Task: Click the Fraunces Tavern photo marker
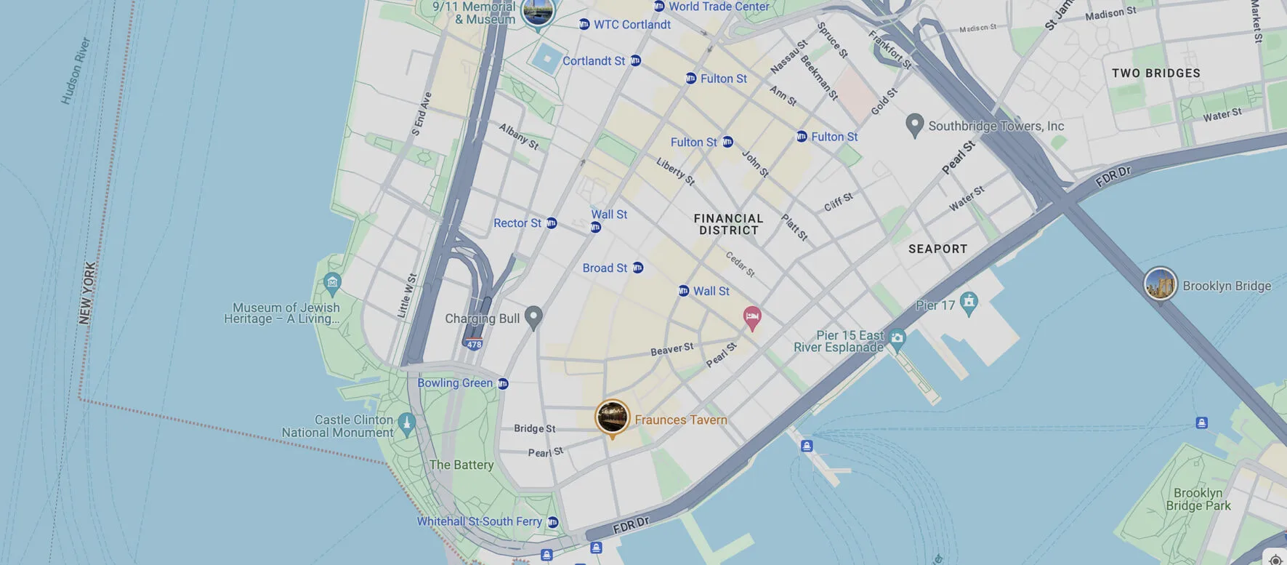click(x=612, y=417)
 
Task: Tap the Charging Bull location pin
click(x=533, y=317)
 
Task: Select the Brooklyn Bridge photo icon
click(x=1160, y=284)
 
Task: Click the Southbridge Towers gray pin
click(x=914, y=124)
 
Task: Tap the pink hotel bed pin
click(x=752, y=317)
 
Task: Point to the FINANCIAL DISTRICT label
click(x=728, y=224)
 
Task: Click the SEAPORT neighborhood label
click(x=937, y=249)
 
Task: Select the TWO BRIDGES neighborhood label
click(x=1155, y=73)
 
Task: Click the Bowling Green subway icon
click(x=503, y=383)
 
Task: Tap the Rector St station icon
click(x=552, y=223)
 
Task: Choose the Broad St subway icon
click(x=637, y=268)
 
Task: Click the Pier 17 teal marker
click(x=968, y=302)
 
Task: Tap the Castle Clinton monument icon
click(x=407, y=423)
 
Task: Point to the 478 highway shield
click(x=474, y=345)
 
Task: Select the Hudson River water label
click(x=76, y=71)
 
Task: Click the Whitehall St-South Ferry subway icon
click(x=552, y=522)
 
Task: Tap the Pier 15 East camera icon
click(x=897, y=337)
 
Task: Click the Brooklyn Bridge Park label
click(x=1198, y=499)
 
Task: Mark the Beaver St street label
click(x=671, y=349)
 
